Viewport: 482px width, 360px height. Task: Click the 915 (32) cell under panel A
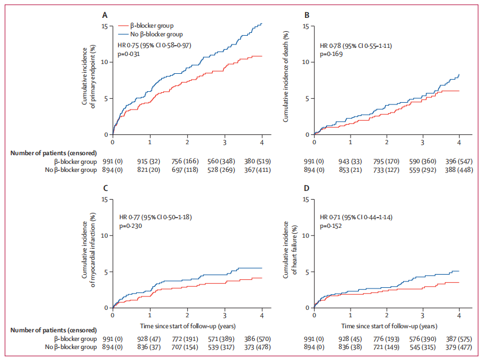pos(150,162)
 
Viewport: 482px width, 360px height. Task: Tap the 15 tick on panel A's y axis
pos(104,26)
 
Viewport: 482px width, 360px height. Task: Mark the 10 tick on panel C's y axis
pos(104,235)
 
